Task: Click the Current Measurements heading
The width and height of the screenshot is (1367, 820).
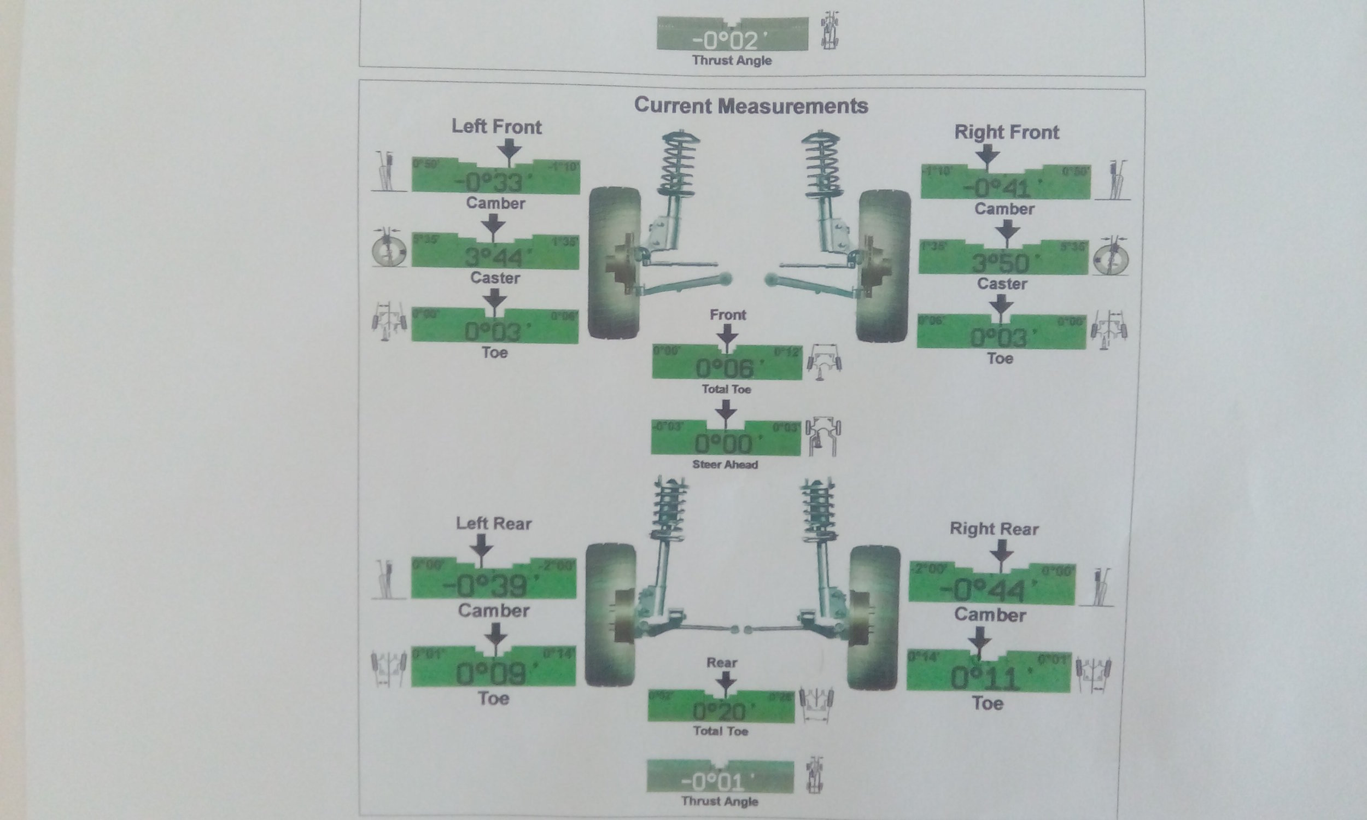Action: coord(751,106)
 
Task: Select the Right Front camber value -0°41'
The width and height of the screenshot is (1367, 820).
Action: coord(998,189)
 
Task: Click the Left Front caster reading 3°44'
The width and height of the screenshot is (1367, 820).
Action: coord(493,257)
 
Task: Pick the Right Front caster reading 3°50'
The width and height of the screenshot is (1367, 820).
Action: coord(1001,263)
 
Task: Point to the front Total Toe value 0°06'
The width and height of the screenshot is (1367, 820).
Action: coord(725,368)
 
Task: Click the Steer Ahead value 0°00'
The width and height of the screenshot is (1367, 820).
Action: coord(723,444)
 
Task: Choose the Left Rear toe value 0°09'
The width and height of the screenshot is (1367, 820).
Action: coord(490,674)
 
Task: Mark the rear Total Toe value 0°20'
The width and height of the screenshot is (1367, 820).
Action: coord(720,711)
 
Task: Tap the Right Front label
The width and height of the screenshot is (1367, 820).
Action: coord(1006,133)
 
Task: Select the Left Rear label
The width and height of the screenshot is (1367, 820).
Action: coord(493,523)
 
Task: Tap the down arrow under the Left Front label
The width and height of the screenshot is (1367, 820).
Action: coord(509,150)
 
